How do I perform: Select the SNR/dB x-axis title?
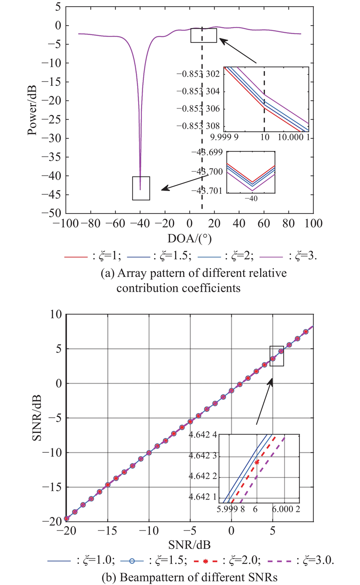189,545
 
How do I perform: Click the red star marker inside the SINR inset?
257,462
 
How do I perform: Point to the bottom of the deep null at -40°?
140,189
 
